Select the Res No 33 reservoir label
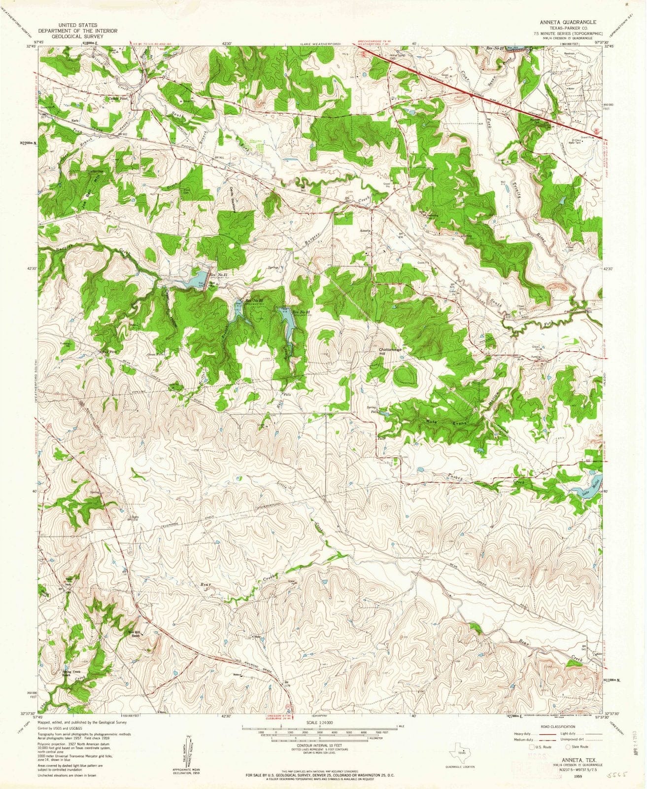click(301, 312)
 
